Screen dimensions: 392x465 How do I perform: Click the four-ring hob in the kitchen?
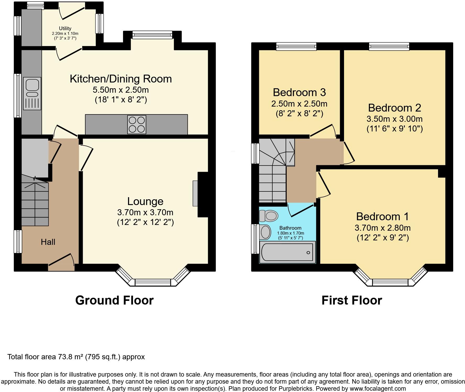coord(137,125)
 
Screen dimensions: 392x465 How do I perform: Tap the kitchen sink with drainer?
coord(32,93)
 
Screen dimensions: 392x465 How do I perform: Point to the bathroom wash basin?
coord(265,232)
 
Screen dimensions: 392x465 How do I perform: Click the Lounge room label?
coord(145,201)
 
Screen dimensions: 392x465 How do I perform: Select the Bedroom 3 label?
coord(299,92)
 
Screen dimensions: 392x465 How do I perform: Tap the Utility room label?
coord(65,28)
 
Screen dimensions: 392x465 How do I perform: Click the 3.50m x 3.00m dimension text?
coord(394,119)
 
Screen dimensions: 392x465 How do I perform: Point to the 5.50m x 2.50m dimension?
coord(121,90)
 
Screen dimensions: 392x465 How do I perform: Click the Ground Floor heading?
coord(114,300)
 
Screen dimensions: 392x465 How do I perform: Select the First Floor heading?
coord(352,300)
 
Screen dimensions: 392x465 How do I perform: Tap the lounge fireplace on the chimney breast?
coord(195,193)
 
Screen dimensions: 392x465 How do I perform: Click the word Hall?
coord(48,242)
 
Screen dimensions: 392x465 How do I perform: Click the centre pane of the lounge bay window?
coord(153,282)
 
